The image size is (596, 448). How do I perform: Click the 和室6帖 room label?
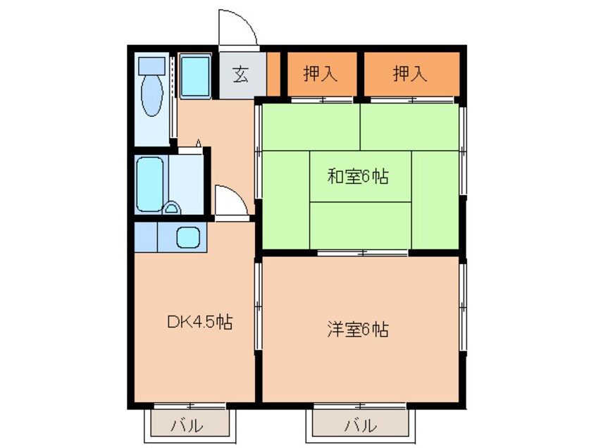coord(358,178)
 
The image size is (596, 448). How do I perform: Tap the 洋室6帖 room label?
coord(358,328)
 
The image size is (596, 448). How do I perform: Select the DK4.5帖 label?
coord(199,323)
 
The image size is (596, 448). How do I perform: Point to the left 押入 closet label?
coord(321,73)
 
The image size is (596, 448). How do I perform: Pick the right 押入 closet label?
coord(410,73)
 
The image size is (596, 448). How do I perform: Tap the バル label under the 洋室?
coord(359,425)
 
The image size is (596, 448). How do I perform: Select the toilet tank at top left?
coord(150,66)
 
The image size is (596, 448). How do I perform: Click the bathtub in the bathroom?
coord(149,184)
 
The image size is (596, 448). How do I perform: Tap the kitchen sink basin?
coord(189,237)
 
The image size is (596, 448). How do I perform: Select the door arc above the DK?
coord(230,201)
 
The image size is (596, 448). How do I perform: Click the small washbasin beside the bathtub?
coord(170,208)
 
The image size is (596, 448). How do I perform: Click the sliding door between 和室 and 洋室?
coord(363,252)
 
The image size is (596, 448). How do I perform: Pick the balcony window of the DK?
coord(189,406)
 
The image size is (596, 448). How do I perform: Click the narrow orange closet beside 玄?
coord(273,73)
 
